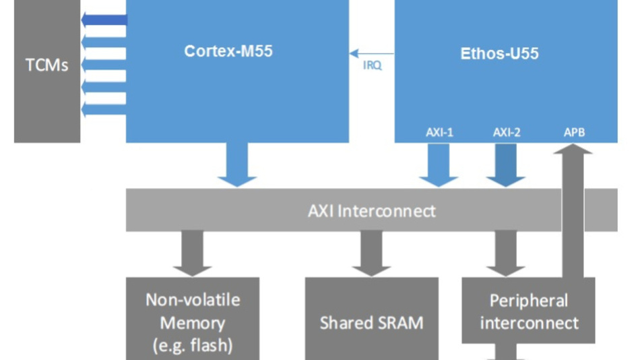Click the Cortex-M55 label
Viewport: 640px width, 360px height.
tap(228, 51)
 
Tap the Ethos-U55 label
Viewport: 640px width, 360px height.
tap(499, 54)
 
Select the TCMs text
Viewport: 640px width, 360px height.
tap(46, 66)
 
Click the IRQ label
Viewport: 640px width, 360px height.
tap(373, 66)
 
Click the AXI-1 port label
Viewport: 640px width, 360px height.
tap(439, 132)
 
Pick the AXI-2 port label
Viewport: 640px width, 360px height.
tap(507, 132)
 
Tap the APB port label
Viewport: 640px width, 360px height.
tap(574, 132)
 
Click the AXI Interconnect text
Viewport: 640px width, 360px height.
tap(371, 210)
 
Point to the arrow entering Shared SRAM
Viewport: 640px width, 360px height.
tap(371, 253)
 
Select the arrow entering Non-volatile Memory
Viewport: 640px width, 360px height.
tap(192, 253)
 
